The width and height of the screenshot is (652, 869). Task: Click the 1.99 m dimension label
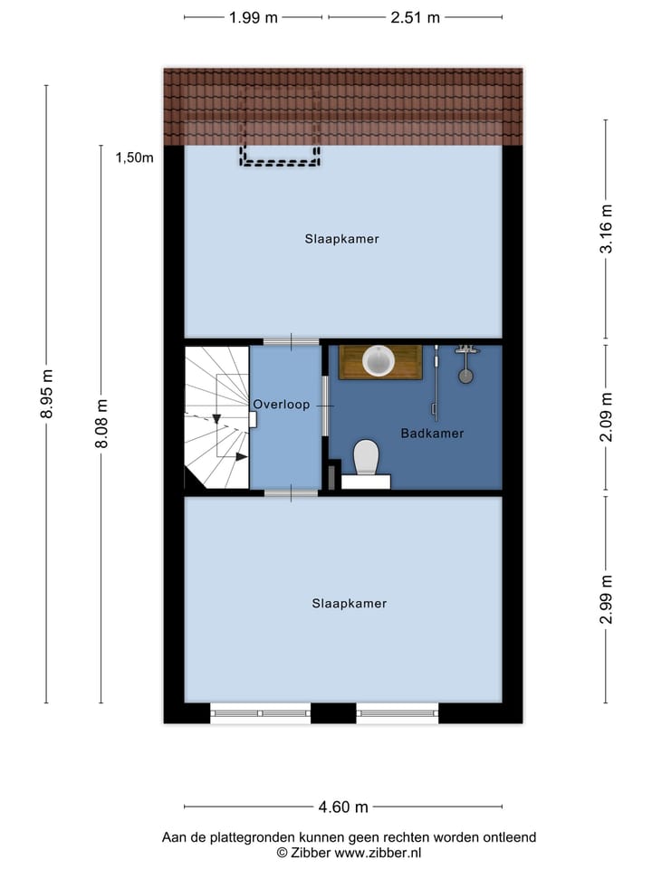[253, 17]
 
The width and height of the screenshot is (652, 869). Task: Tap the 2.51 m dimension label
[416, 17]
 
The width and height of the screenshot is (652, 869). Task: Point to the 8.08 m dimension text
[101, 424]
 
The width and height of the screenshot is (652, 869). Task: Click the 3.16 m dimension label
[607, 230]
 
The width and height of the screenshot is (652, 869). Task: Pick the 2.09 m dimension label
[607, 417]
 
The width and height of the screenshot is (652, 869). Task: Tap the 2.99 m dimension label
[607, 599]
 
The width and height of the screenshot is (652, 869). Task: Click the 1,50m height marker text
[134, 158]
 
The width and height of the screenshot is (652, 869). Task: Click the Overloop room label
[281, 405]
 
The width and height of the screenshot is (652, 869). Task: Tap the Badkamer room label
[432, 434]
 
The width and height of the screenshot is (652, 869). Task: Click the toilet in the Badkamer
[366, 457]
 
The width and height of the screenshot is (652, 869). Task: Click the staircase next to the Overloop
[217, 416]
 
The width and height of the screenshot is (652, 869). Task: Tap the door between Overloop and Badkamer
[324, 406]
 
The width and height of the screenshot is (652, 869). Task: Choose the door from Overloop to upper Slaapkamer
[291, 341]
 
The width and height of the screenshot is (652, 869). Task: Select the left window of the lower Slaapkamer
[261, 713]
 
